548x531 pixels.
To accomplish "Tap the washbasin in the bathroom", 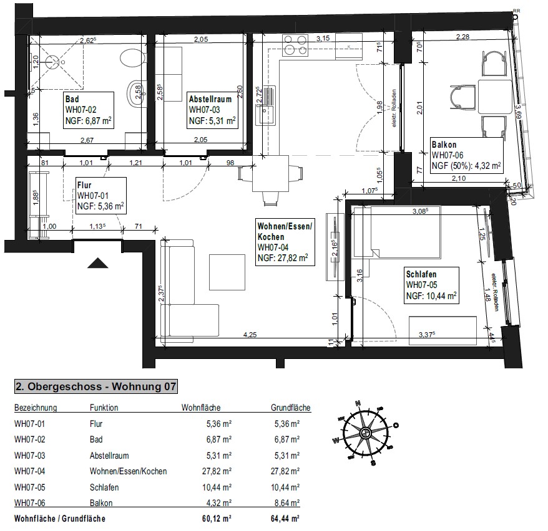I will click(134, 93).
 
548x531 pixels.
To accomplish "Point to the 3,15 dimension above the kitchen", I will click(323, 38).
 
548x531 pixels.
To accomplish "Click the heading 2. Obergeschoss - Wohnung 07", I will click(95, 387).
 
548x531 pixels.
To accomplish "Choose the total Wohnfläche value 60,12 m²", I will click(218, 519).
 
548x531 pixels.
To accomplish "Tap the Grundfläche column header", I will click(290, 408).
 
